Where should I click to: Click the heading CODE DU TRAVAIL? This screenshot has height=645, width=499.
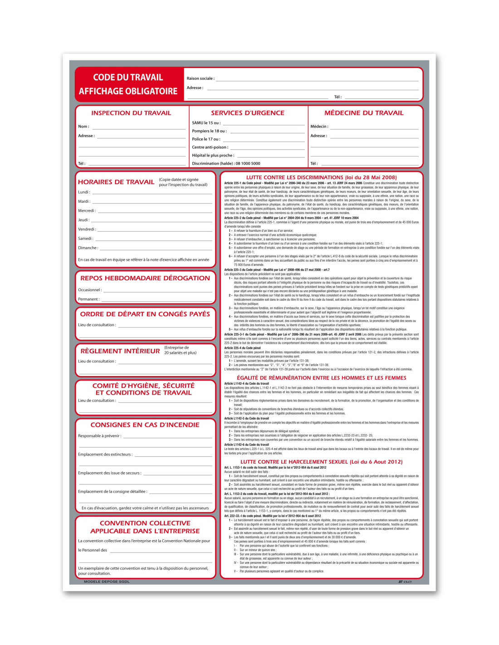(x=128, y=78)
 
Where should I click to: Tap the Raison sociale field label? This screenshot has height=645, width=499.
(x=200, y=78)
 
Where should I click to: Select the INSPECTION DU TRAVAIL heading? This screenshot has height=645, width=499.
(x=131, y=113)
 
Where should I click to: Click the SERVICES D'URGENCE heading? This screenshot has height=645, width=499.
(x=248, y=113)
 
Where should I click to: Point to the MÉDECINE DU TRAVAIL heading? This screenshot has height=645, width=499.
(x=364, y=113)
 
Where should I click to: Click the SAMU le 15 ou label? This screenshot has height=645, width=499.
(x=206, y=123)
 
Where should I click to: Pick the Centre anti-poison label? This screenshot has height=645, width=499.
(x=210, y=147)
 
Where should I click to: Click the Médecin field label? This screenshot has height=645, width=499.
(x=319, y=127)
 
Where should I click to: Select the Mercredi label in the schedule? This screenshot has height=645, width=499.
(x=87, y=211)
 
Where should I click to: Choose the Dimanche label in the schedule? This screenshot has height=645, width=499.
(x=88, y=248)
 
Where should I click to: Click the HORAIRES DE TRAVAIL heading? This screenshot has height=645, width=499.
(x=116, y=182)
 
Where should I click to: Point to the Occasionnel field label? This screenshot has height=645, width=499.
(x=89, y=290)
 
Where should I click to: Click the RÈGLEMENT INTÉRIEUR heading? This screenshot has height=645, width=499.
(x=120, y=351)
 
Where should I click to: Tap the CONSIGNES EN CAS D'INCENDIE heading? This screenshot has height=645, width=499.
(x=145, y=425)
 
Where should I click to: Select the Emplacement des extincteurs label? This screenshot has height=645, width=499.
(x=105, y=454)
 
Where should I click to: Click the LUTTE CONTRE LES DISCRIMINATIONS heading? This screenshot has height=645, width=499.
(x=321, y=177)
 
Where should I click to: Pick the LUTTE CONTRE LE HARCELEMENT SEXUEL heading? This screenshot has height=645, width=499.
(x=321, y=462)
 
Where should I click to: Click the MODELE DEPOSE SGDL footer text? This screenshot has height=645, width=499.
(x=107, y=581)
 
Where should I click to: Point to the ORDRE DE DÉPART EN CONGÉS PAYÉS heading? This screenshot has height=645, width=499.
(x=145, y=314)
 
